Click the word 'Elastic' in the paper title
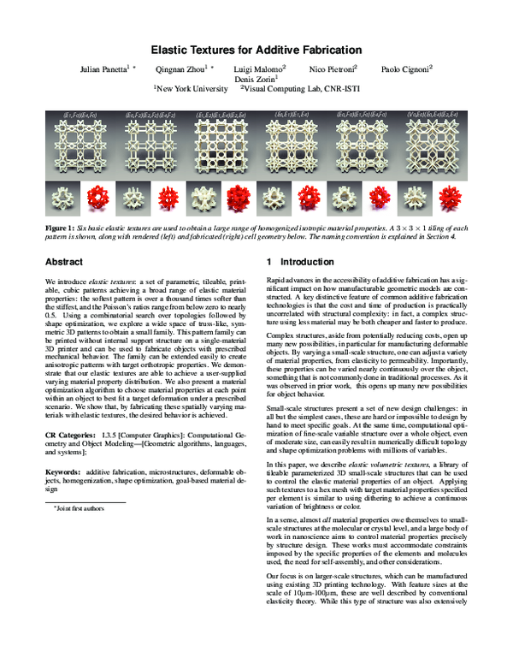tap(172, 50)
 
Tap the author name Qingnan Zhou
tap(183, 68)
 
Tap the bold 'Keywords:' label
tap(62, 472)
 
